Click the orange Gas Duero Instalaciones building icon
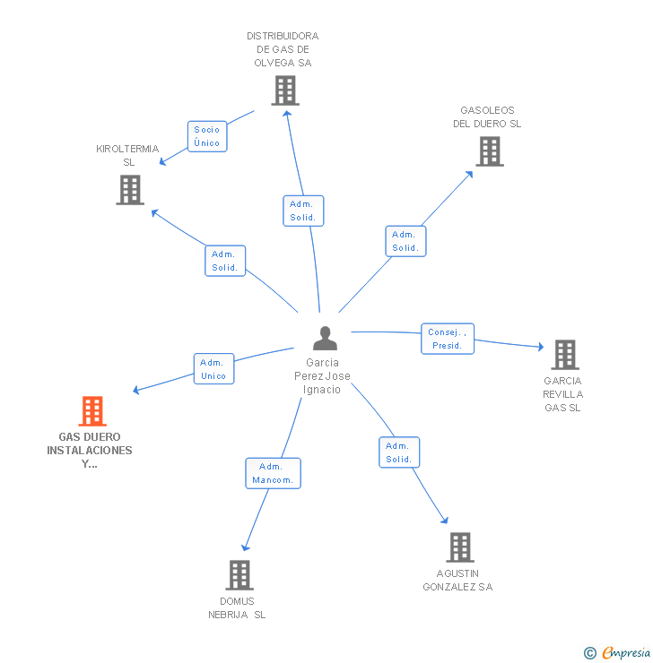[91, 411]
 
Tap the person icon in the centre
[325, 338]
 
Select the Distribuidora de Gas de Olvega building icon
[284, 90]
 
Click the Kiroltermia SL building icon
[130, 190]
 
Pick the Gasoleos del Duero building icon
[489, 151]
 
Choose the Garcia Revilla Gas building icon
[564, 355]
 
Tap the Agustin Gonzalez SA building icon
[459, 547]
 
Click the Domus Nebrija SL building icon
[239, 575]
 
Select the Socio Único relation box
[206, 136]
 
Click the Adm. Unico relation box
[213, 369]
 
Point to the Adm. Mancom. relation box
[273, 473]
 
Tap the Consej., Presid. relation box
[447, 339]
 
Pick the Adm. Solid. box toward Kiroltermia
[224, 261]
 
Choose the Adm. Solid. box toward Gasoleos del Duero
[405, 241]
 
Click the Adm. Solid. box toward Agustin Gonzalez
[398, 452]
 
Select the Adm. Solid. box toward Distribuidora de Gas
[302, 211]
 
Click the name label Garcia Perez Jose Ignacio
[322, 376]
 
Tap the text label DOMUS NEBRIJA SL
[237, 607]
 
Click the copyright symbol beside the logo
[589, 653]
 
